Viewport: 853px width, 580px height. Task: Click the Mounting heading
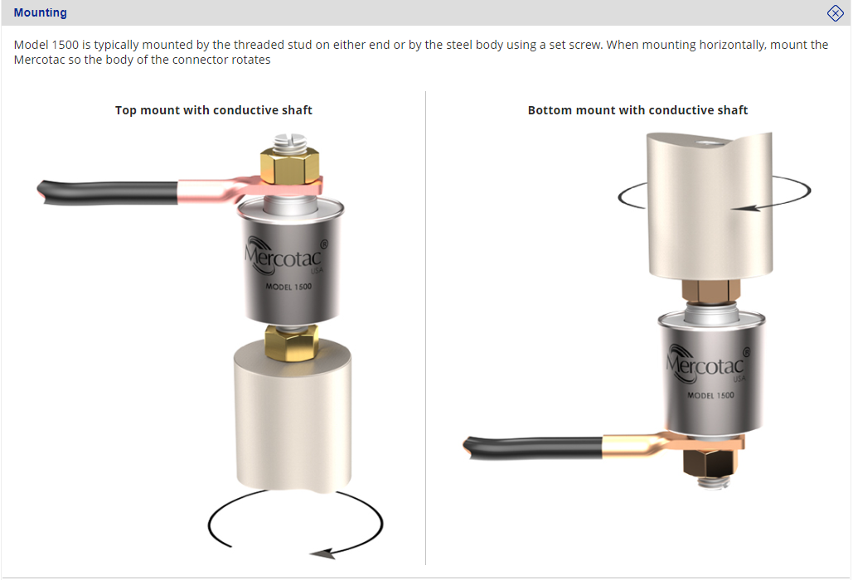41,12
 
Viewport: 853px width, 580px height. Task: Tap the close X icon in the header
835,13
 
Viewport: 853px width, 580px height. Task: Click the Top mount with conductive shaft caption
214,110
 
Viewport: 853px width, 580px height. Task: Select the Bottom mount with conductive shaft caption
637,110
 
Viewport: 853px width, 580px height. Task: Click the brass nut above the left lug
289,165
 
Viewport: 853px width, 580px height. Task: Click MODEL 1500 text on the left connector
288,287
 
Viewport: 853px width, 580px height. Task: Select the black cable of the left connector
108,192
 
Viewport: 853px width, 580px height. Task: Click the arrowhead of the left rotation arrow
322,554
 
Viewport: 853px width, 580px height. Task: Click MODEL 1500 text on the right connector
710,395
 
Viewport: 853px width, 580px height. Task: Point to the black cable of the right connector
533,448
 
